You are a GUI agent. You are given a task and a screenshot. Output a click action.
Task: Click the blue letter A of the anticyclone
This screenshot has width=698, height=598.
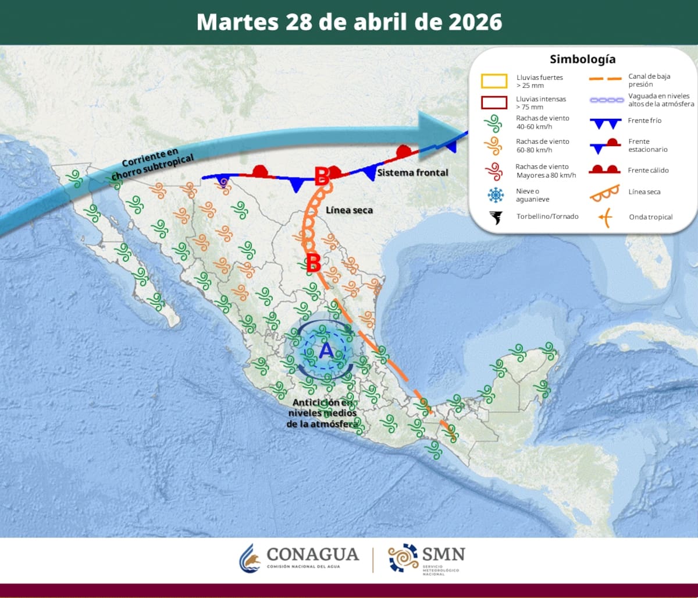326,351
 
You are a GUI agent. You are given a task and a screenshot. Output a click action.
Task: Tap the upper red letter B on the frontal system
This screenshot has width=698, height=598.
322,176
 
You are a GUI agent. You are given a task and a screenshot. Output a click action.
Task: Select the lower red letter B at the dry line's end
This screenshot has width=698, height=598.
313,263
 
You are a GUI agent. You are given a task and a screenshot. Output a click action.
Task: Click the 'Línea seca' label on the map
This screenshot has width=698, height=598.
349,210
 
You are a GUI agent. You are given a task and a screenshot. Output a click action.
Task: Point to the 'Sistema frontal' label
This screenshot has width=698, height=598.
412,172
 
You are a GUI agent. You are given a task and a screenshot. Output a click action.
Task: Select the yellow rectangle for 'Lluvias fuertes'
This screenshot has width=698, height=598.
494,80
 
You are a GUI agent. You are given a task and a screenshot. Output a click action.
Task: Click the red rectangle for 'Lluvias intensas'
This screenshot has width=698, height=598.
494,102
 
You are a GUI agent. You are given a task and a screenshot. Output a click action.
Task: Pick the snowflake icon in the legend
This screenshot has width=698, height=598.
496,194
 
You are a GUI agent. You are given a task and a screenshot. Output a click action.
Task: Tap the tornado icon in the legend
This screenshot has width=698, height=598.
496,217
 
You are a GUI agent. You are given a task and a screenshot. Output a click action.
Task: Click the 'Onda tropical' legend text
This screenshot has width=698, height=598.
650,217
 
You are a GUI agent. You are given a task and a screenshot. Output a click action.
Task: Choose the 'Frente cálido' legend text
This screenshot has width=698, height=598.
648,170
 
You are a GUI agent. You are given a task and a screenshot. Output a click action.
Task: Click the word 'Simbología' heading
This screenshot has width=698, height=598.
582,59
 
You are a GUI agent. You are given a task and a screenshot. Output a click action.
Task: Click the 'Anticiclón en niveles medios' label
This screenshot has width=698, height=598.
323,413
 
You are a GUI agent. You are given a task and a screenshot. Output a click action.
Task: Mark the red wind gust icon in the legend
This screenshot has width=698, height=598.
494,171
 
